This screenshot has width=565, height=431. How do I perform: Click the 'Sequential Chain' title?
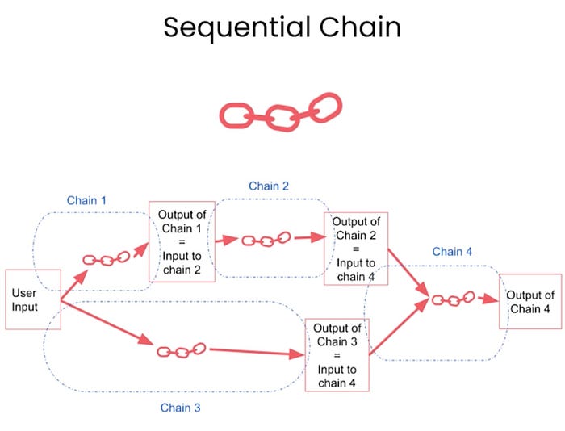pos(282,27)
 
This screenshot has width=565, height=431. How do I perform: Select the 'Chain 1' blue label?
pos(86,200)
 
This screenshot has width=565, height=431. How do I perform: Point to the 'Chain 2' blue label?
pos(269,186)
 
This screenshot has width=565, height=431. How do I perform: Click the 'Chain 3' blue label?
pos(180,408)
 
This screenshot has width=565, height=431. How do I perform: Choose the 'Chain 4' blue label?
pos(452,252)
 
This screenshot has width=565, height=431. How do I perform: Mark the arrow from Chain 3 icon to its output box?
pos(257,352)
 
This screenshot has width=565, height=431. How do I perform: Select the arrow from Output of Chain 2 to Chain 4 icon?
pos(408,273)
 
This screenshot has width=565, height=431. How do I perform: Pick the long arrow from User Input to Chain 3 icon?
pos(107,323)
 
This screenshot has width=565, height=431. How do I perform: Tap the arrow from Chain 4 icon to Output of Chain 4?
pos(488,299)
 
